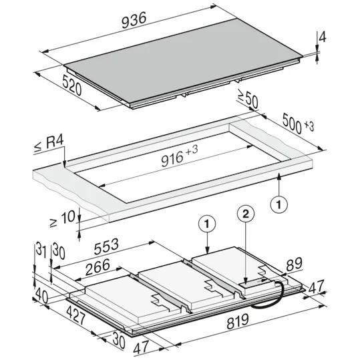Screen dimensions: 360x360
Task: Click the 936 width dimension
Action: pos(134,21)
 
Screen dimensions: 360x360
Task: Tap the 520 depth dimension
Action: pos(72,85)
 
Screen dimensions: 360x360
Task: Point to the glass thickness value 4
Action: pos(323,37)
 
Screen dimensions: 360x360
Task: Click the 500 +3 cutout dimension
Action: pos(298,124)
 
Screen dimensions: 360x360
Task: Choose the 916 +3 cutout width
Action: pos(179,156)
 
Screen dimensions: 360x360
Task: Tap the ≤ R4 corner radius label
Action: pos(49,144)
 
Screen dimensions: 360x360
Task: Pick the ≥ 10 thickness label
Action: pos(63,219)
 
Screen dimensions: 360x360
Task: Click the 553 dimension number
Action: pos(106,246)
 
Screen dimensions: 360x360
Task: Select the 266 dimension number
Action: pos(98,267)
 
